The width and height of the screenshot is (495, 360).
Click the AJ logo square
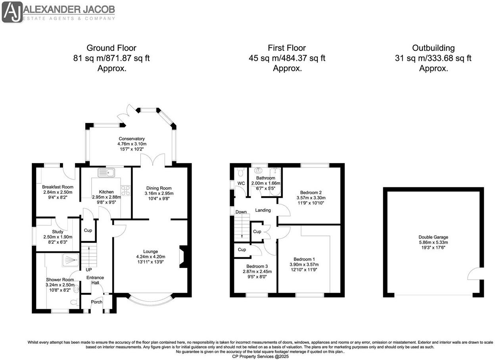[x=12, y=12]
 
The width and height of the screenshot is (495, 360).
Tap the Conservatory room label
[x=132, y=139]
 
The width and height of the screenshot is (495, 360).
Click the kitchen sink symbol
[x=106, y=173]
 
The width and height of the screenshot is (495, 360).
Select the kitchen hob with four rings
[x=125, y=191]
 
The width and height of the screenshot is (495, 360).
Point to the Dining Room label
[x=159, y=188]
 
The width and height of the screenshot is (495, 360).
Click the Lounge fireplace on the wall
[x=183, y=257]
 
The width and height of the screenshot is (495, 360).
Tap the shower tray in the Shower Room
[x=71, y=260]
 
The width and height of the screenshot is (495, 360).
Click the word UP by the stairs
[x=89, y=270]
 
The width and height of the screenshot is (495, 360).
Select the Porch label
[x=96, y=302]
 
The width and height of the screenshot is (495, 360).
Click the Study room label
[x=58, y=232]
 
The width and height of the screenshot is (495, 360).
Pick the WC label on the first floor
[x=241, y=183]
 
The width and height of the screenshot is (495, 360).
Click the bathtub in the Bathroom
[x=275, y=182]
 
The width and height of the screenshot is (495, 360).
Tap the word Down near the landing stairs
[x=241, y=212]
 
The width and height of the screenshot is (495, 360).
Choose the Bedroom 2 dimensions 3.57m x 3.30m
[x=311, y=198]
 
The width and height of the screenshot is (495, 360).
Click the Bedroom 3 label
[x=257, y=266]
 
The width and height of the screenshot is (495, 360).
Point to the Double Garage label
[x=434, y=237]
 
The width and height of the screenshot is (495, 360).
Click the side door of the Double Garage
[x=475, y=274]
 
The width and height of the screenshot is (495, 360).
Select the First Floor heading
[x=287, y=48]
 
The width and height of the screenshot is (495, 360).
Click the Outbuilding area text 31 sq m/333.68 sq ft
[x=434, y=58]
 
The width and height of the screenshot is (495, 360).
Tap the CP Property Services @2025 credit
[x=261, y=356]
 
